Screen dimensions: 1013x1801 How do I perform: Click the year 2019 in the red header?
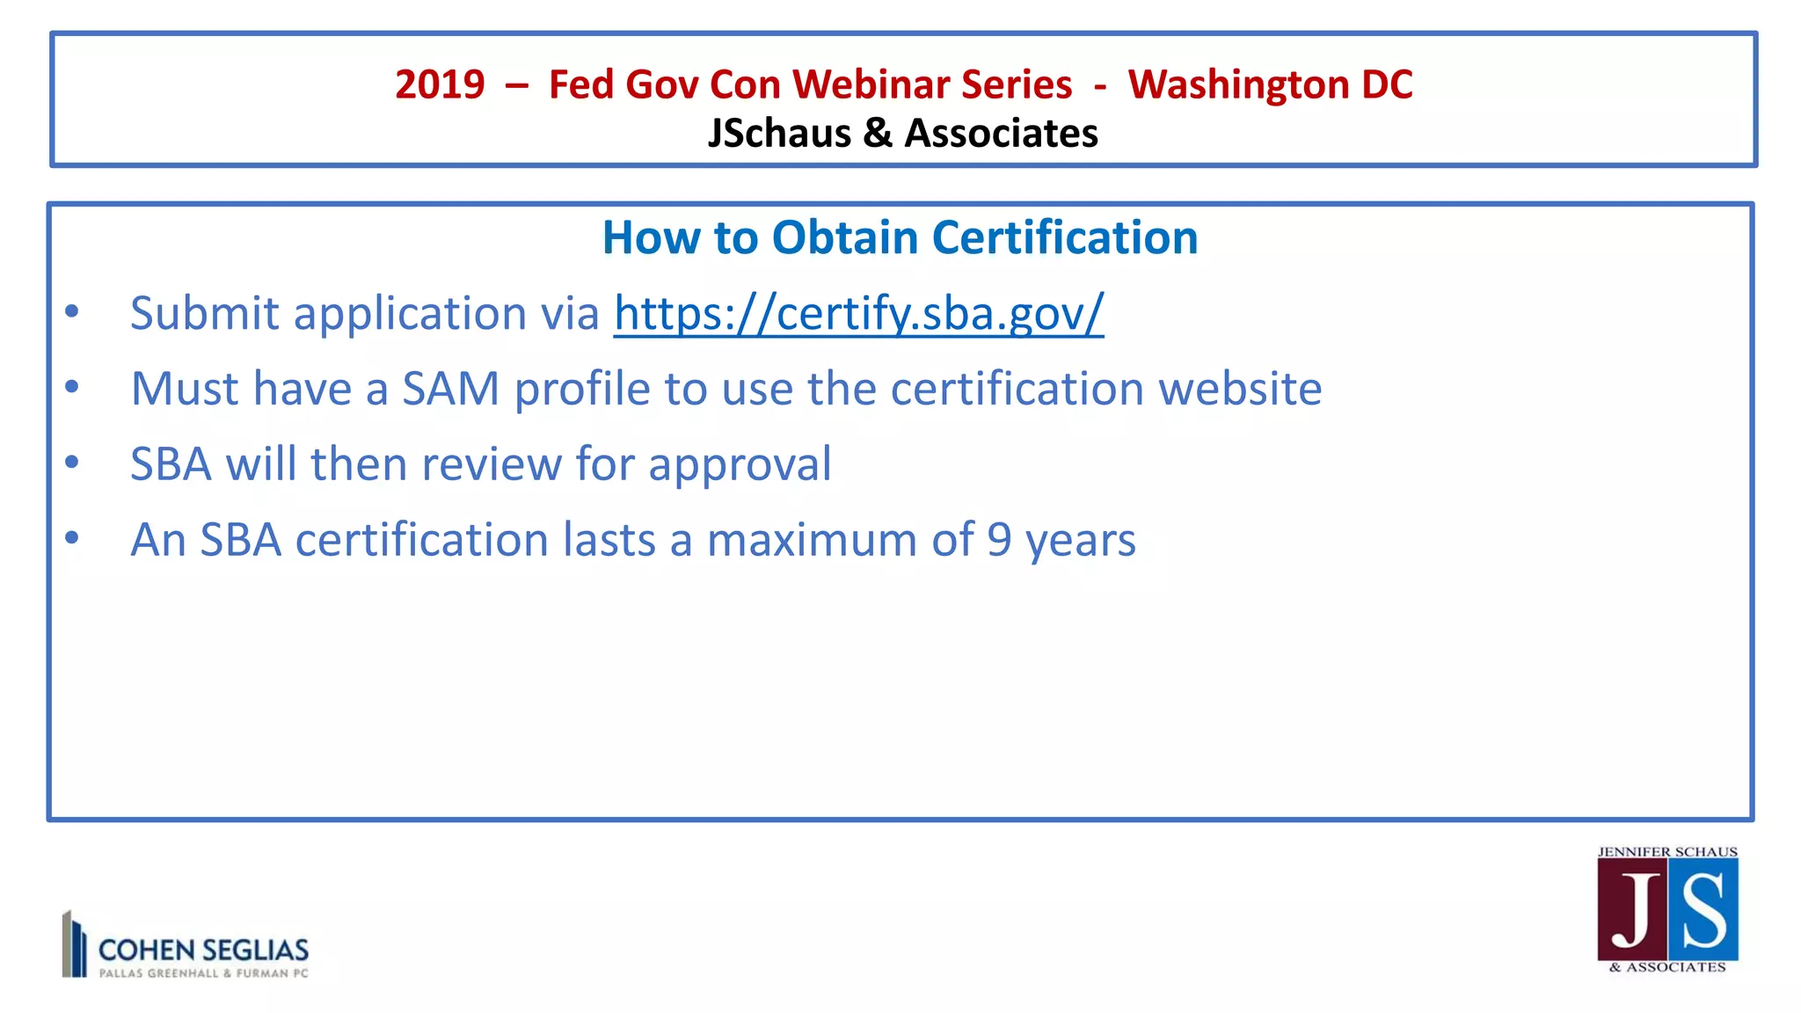click(x=440, y=84)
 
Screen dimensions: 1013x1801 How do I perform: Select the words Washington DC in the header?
click(x=1270, y=84)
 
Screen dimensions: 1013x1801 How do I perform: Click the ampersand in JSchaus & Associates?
click(x=878, y=134)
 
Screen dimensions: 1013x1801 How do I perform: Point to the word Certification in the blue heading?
click(x=1064, y=237)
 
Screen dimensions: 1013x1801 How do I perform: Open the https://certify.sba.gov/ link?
click(x=858, y=313)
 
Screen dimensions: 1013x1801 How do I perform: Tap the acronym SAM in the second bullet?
click(x=450, y=389)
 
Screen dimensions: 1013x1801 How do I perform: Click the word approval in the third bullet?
click(x=740, y=464)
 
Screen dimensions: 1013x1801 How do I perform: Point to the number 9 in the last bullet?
click(x=999, y=540)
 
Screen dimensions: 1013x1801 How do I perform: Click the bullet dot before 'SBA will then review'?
click(x=72, y=462)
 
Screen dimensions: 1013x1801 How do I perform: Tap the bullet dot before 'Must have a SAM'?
click(x=72, y=386)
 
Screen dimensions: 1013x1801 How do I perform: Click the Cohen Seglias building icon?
click(x=74, y=944)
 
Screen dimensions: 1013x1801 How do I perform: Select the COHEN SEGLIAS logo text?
click(x=203, y=950)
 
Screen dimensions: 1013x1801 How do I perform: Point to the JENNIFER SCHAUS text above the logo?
click(x=1667, y=851)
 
